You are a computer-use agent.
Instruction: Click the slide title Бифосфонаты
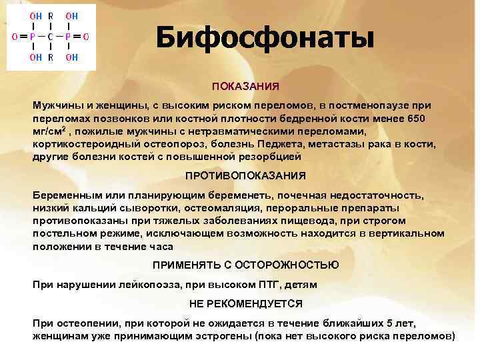click(265, 38)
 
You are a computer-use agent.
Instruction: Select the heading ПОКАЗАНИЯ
click(245, 87)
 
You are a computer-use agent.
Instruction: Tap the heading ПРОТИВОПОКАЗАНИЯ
click(245, 175)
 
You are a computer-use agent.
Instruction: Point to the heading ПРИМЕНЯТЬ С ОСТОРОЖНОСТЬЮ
click(245, 265)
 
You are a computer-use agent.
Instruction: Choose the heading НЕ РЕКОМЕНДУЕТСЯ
click(245, 303)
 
